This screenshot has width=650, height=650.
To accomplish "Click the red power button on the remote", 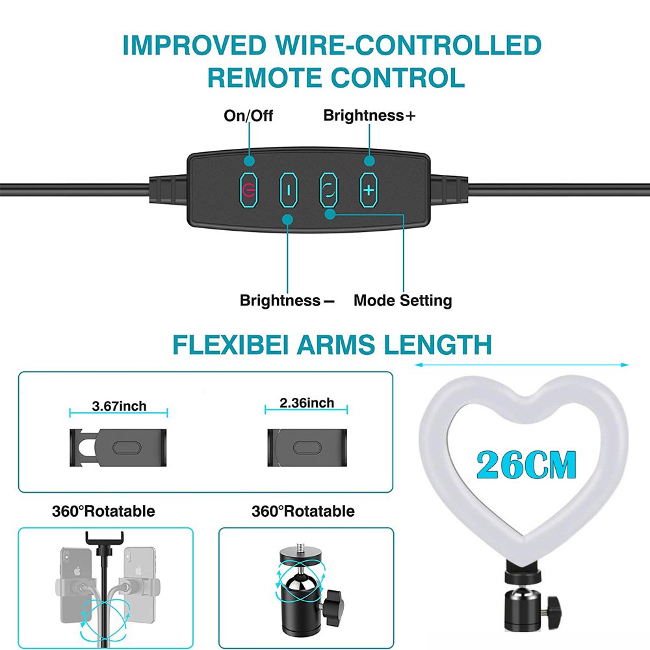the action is click(x=249, y=190).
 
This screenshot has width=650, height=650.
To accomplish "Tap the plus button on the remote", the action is click(x=368, y=190).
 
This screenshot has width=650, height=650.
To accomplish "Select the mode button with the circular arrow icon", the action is click(x=328, y=190).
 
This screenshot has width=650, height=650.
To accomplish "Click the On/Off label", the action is click(x=248, y=116).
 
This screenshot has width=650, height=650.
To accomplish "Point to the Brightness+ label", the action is click(x=369, y=115).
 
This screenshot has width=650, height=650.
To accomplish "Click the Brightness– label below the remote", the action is click(x=287, y=300).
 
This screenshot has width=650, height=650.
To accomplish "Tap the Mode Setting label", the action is click(x=402, y=300).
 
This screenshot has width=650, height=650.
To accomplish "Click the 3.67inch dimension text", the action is click(x=119, y=406).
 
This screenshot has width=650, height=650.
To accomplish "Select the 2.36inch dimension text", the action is click(x=307, y=402).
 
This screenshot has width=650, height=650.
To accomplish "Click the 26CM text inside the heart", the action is click(x=526, y=464).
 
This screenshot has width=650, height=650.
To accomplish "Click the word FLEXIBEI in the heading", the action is click(x=230, y=344).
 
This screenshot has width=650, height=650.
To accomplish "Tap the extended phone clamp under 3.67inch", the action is click(x=118, y=448).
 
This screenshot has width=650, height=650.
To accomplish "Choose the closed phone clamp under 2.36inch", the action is click(x=307, y=448).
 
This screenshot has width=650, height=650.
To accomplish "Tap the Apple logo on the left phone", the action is click(x=77, y=571).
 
